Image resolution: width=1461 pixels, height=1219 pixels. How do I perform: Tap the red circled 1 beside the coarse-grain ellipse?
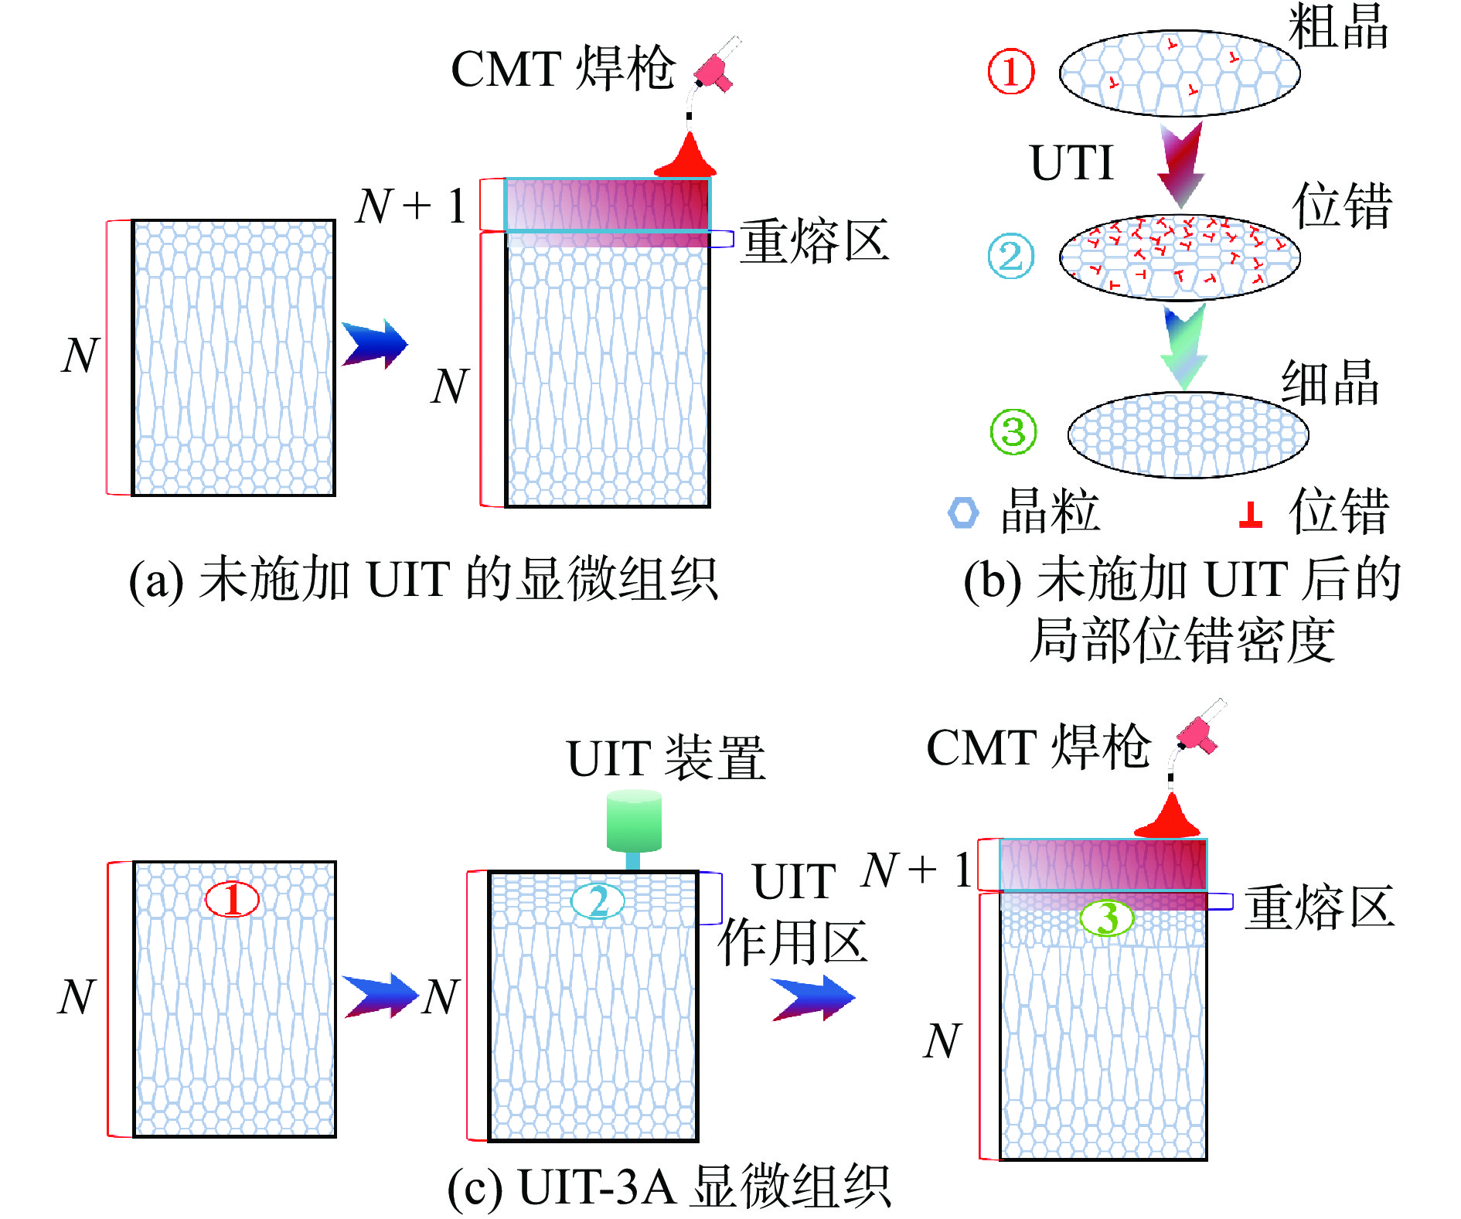click(1011, 72)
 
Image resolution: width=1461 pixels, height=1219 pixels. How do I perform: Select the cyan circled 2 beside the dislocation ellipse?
click(1010, 257)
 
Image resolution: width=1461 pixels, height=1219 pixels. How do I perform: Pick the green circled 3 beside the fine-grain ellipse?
click(1013, 432)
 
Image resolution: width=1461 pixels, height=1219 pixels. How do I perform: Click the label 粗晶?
click(1338, 27)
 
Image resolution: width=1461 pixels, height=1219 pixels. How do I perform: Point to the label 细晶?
click(1330, 383)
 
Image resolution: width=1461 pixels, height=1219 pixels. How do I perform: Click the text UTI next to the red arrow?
click(1071, 163)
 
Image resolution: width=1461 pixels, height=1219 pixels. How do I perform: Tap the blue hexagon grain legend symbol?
click(963, 512)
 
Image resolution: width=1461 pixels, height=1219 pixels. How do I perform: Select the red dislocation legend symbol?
click(1250, 516)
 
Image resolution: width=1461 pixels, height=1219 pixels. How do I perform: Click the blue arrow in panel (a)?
click(374, 345)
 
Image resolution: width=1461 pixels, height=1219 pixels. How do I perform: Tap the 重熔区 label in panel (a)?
click(814, 241)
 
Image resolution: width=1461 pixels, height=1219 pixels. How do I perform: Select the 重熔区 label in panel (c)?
click(1319, 907)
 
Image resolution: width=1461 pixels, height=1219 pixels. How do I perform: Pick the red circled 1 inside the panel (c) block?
click(232, 899)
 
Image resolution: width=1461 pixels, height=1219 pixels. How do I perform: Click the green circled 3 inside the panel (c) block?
click(1106, 918)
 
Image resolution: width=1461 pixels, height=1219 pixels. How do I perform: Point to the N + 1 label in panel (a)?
click(411, 206)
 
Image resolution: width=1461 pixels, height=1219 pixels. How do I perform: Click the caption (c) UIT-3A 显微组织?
click(669, 1187)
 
